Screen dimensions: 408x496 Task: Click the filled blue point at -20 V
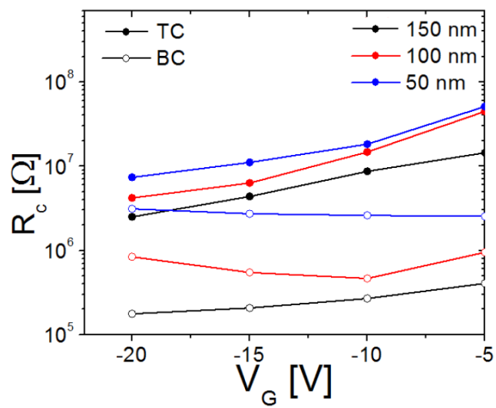(132, 177)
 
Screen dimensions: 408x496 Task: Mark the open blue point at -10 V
(367, 216)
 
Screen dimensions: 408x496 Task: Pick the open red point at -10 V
(367, 278)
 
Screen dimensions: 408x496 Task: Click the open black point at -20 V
(132, 314)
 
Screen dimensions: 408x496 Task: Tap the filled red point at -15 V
(250, 183)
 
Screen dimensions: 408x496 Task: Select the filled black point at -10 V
(367, 171)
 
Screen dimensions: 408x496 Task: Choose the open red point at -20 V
(132, 256)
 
